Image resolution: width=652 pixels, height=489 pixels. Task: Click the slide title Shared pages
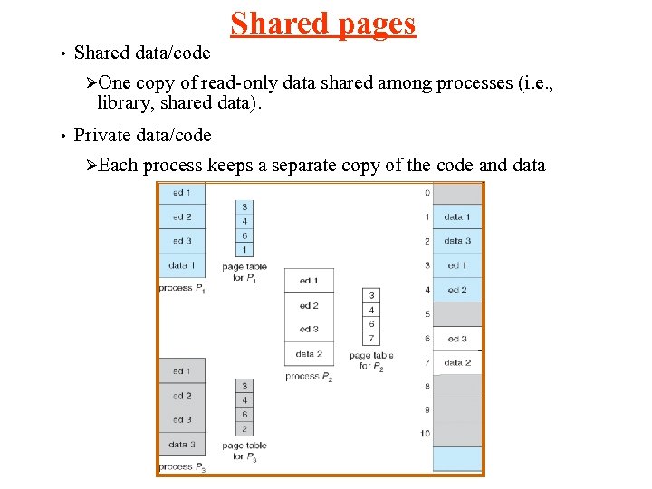pos(323,24)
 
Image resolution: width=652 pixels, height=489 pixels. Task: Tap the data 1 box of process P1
pos(181,265)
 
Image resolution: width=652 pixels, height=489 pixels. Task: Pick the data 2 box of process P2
pos(309,353)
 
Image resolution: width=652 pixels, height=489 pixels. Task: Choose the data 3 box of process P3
pos(181,444)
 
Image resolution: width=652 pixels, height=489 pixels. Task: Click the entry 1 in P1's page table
pos(244,249)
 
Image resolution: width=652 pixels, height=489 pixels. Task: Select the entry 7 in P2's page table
pos(372,338)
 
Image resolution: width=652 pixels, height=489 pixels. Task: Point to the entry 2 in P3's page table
pos(244,428)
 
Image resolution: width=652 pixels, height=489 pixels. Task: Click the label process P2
pos(309,376)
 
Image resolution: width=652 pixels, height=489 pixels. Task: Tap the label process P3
pos(181,467)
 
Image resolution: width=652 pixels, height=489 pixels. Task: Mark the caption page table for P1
pos(244,273)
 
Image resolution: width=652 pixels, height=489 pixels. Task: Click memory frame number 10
pos(424,434)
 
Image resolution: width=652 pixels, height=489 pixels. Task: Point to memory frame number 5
pos(426,314)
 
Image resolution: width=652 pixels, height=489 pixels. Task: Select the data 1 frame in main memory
pos(457,217)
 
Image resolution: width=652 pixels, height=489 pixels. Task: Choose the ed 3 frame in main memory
pos(457,339)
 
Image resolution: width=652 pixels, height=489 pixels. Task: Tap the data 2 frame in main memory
pos(457,362)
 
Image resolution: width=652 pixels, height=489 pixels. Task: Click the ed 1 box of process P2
pos(309,281)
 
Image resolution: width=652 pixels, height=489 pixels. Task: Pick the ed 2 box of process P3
pos(181,396)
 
